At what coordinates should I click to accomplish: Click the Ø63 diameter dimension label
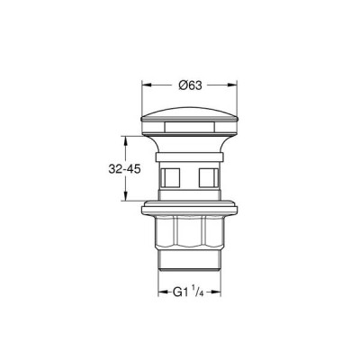190,85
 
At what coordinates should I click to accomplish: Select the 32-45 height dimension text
124,169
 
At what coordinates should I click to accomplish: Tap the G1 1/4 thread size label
188,292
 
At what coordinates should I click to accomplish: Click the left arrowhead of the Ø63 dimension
146,85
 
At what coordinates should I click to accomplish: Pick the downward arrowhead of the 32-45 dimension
126,196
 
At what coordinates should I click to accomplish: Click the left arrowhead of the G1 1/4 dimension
163,292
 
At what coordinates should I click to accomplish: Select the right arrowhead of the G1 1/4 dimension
216,292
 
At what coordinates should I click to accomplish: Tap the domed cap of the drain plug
190,114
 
